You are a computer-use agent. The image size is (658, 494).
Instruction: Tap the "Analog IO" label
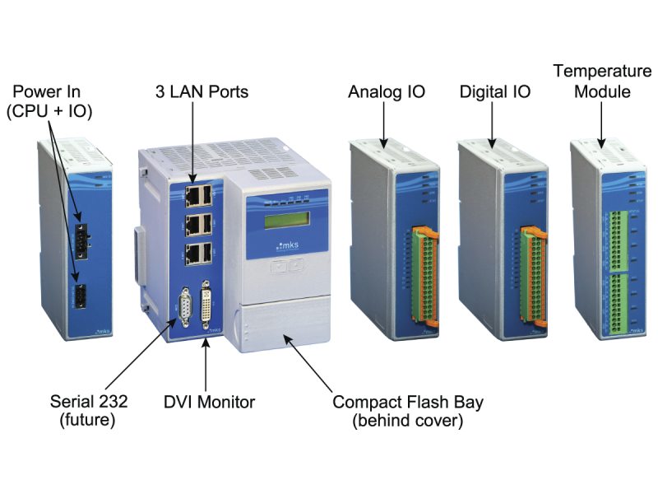click(x=387, y=91)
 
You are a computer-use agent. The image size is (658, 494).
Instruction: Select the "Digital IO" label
click(x=494, y=91)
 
